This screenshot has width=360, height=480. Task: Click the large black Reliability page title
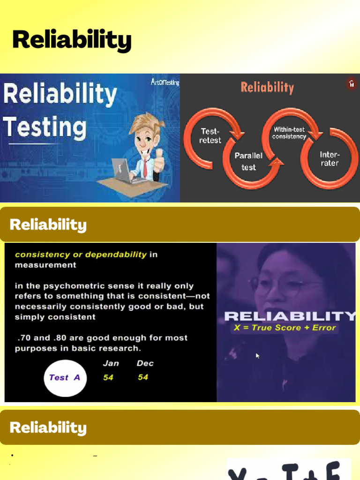(x=72, y=40)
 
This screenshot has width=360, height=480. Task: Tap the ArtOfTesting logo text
(x=165, y=82)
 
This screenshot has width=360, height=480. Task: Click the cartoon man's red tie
(x=145, y=167)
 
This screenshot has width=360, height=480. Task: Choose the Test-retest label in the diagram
(x=210, y=135)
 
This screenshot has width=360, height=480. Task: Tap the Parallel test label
(x=248, y=161)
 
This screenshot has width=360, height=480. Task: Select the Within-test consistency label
(x=289, y=133)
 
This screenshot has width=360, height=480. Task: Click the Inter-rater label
(x=330, y=158)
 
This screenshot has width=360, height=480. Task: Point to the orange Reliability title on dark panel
(x=267, y=87)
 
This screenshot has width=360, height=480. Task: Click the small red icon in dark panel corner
(x=352, y=84)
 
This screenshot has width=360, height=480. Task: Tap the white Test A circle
(x=65, y=378)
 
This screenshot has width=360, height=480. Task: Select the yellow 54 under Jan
(x=108, y=377)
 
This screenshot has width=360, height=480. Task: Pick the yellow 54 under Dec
(x=143, y=377)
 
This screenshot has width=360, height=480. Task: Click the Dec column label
(x=145, y=363)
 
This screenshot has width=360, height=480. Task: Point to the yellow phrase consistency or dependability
(x=81, y=255)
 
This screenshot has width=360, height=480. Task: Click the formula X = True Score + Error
(x=285, y=328)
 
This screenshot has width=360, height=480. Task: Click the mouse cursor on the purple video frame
(x=258, y=356)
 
